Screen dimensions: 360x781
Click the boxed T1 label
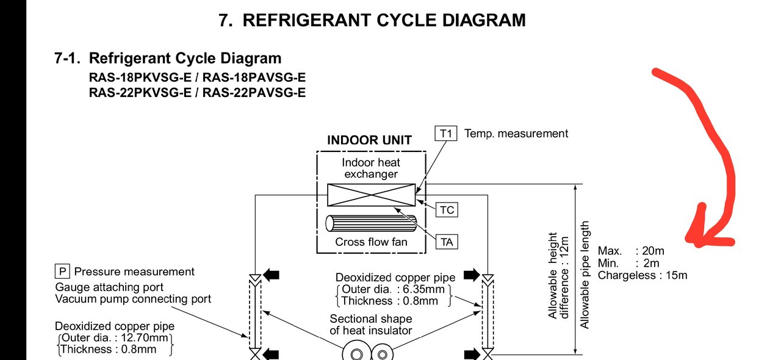(x=446, y=134)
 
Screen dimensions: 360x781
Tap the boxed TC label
(x=447, y=210)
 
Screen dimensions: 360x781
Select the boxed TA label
(x=447, y=242)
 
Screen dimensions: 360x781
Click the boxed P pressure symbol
(x=62, y=272)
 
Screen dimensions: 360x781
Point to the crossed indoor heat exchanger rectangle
(x=371, y=195)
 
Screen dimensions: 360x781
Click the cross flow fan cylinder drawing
(x=371, y=223)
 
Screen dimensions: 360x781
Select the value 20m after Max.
(x=653, y=251)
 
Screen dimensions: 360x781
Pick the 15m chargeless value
(x=677, y=275)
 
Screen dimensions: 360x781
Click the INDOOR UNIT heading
(x=369, y=140)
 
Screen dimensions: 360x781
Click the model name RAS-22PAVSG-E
(x=254, y=93)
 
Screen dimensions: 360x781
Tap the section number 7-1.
(x=68, y=59)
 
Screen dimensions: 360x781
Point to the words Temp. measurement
(x=516, y=134)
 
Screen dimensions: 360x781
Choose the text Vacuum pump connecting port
(x=133, y=299)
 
